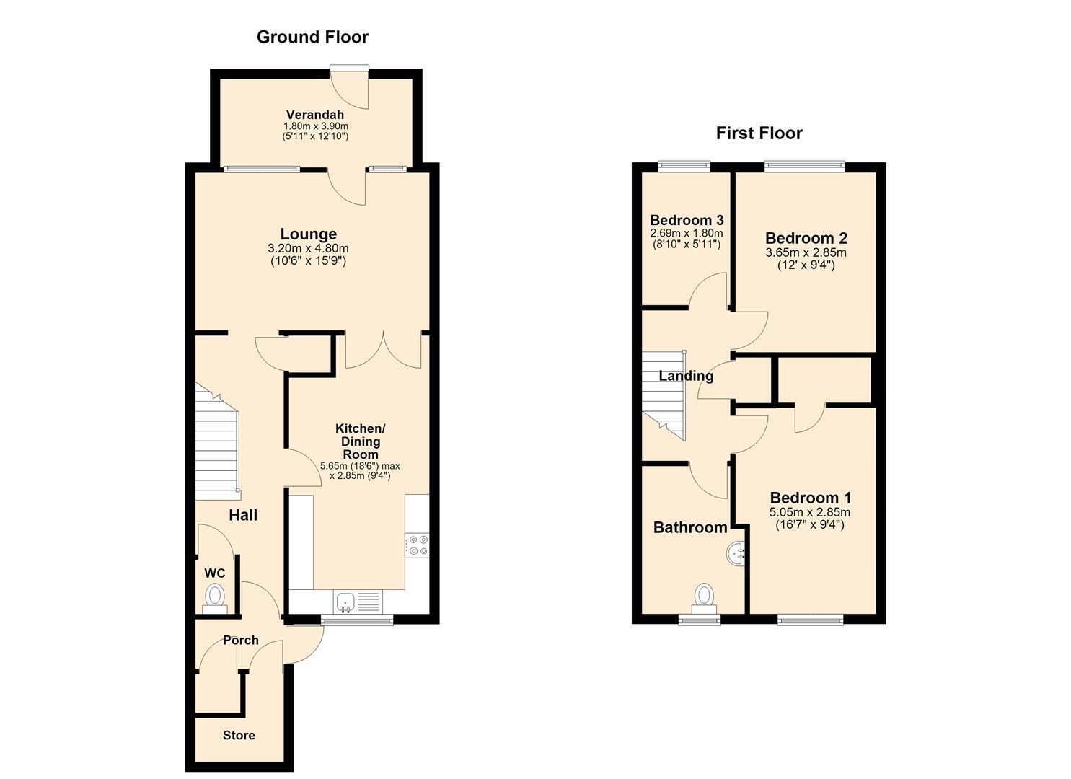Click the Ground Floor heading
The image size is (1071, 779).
tap(312, 38)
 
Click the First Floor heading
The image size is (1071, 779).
tap(759, 133)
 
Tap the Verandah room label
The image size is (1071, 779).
tap(315, 115)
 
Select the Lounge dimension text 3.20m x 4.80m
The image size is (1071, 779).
tap(309, 249)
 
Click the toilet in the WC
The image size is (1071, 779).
tap(215, 599)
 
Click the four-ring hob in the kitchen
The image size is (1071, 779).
tap(417, 545)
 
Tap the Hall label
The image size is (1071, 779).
tap(243, 515)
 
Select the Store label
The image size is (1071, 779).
tap(239, 735)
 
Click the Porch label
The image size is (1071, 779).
tap(240, 640)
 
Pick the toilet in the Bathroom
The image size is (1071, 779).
tap(704, 598)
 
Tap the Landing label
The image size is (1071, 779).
tap(686, 376)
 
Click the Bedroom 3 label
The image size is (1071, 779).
tap(687, 221)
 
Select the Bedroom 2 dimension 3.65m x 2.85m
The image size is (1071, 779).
tap(806, 252)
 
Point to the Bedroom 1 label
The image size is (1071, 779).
tap(811, 498)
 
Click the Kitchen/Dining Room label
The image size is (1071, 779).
tap(360, 441)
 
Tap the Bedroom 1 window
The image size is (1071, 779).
tap(811, 621)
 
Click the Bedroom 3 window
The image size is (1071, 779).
tap(684, 165)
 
